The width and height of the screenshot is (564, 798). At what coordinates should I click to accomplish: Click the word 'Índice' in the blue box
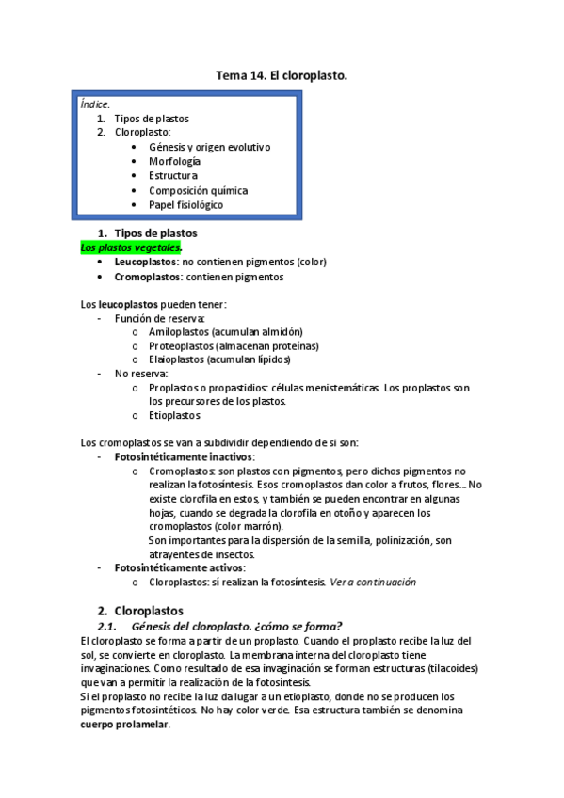coord(95,104)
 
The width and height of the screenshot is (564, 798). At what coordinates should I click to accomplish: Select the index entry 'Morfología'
coord(174,161)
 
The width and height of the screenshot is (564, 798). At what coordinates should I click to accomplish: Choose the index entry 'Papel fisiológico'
coord(185,204)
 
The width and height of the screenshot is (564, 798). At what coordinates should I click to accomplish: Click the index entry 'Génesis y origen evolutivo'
coord(209,147)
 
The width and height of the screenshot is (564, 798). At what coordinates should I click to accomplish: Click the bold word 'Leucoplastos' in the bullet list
coord(145,263)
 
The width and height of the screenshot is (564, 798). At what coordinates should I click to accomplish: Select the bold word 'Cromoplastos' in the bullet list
coord(147,277)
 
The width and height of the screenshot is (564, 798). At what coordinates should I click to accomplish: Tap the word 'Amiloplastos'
coord(179,331)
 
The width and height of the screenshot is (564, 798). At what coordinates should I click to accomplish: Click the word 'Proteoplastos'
coord(182,345)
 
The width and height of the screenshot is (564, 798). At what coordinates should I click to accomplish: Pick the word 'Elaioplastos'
coord(178,359)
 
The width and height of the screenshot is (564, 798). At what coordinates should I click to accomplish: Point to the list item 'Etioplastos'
coord(174,415)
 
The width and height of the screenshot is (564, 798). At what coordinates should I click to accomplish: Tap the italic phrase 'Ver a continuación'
coord(372,582)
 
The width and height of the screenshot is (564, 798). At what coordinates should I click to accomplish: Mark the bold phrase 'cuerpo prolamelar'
coord(124,725)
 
